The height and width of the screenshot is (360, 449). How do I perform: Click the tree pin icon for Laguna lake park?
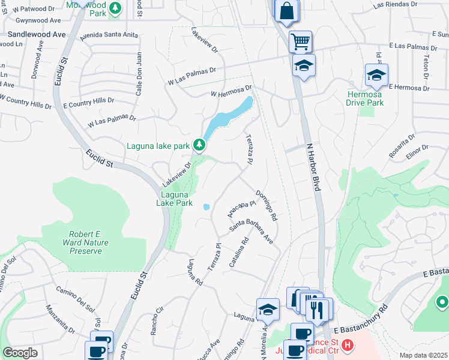199,145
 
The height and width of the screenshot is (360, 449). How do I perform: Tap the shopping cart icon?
300,42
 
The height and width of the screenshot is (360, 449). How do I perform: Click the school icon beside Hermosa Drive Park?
376,76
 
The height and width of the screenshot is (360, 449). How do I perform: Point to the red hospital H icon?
349,346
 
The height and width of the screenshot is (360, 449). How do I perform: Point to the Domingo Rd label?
265,205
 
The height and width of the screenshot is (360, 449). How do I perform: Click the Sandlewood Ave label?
37,35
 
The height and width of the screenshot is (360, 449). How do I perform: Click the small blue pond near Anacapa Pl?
206,207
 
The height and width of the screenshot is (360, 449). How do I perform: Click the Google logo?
20,352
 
